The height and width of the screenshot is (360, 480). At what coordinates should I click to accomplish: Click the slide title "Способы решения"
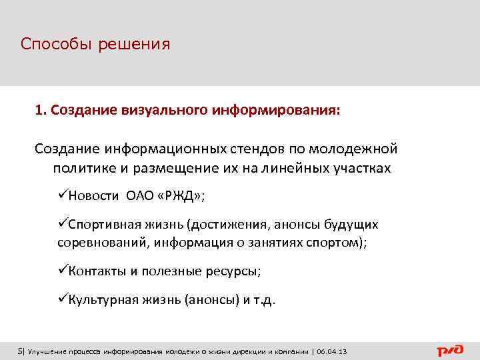pyautogui.click(x=95, y=45)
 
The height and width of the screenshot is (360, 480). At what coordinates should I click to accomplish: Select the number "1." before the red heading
pyautogui.click(x=41, y=108)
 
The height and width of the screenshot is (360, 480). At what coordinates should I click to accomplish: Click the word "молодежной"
pyautogui.click(x=359, y=147)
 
